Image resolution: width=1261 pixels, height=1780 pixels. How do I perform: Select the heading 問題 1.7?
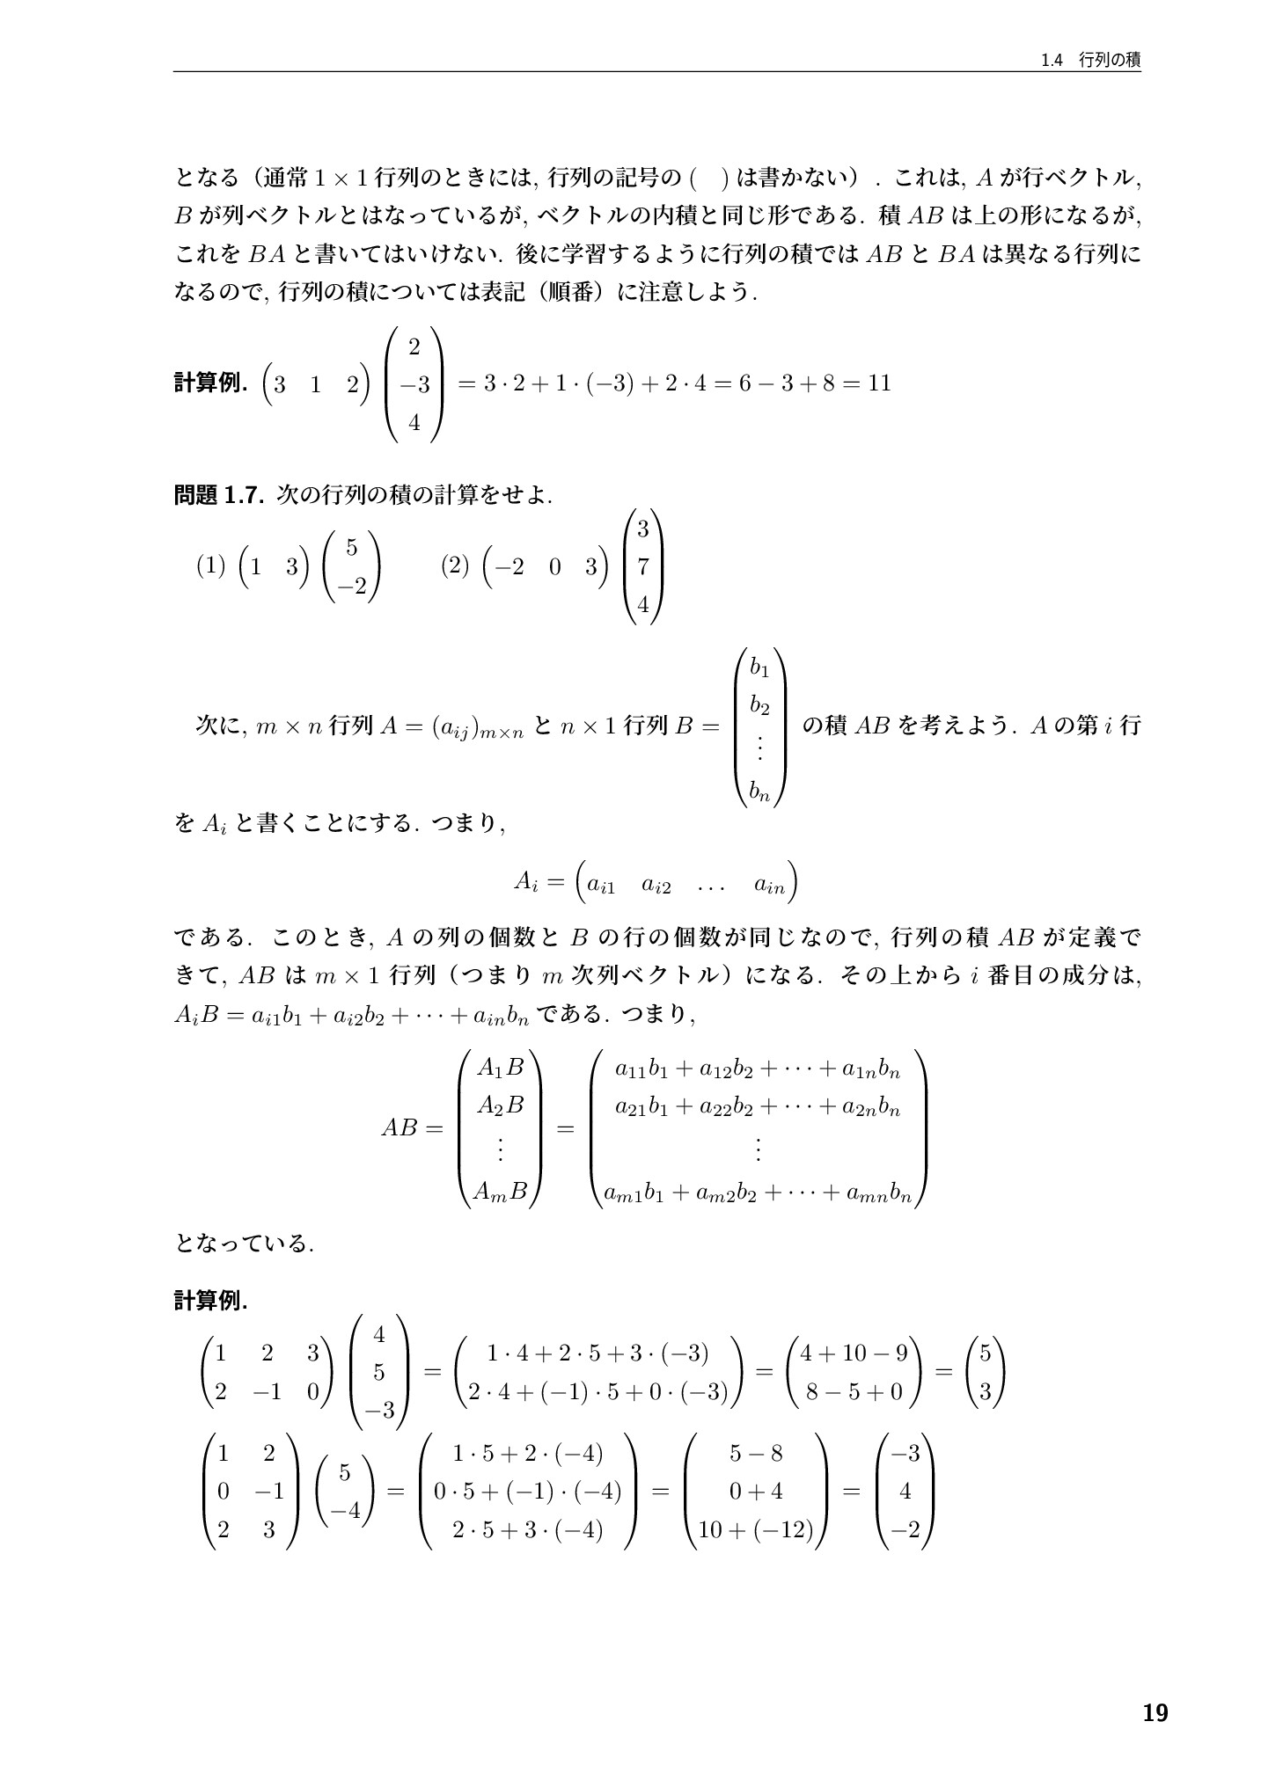219,495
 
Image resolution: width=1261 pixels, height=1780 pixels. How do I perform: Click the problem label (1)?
210,566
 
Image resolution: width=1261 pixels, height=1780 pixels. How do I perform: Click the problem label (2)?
455,566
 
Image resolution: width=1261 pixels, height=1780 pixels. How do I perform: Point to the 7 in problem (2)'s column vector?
643,567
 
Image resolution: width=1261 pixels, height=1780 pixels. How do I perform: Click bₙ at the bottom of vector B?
759,792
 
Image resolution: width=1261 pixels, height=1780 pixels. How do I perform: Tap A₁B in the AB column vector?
500,1068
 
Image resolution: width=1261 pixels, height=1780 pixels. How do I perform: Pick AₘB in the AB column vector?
500,1192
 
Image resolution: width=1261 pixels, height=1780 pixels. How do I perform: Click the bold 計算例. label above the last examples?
211,1301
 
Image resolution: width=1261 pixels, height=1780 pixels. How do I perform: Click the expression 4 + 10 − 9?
853,1353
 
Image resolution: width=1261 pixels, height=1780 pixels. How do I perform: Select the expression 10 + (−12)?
755,1530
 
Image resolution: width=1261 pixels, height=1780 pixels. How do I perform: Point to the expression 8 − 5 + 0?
853,1391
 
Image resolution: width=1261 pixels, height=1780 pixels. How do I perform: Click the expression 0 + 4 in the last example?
755,1492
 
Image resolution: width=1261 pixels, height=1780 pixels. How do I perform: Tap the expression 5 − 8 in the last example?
755,1453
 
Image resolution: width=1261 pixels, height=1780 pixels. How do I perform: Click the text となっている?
244,1244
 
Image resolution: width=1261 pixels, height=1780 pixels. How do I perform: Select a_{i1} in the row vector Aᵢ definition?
603,885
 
